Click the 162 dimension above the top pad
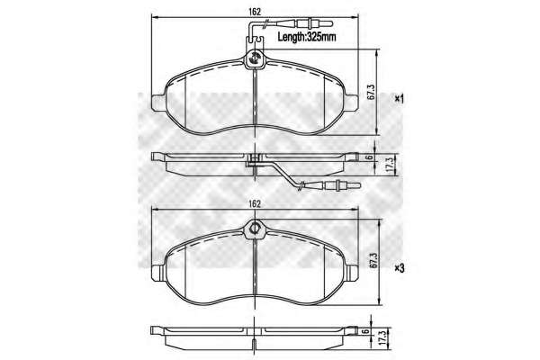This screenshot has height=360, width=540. (255, 12)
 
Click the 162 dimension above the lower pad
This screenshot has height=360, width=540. (255, 203)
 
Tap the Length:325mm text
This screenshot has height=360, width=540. (307, 37)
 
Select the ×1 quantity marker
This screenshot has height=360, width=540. (399, 99)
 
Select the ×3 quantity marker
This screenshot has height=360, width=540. (399, 268)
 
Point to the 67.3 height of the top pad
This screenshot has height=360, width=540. (370, 92)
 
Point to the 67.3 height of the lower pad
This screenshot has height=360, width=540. (372, 260)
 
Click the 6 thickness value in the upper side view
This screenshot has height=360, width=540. (369, 157)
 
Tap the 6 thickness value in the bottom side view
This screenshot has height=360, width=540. (366, 331)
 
